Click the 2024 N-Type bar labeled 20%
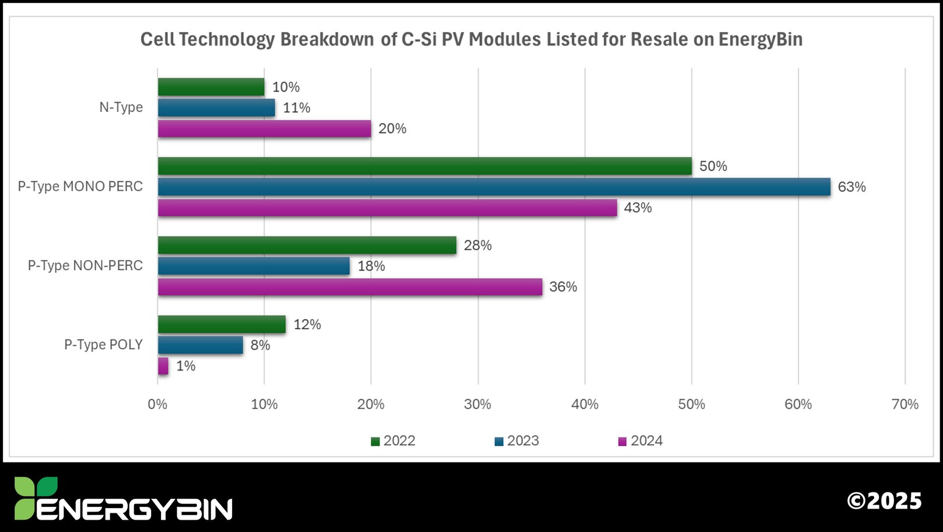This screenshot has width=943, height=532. [264, 129]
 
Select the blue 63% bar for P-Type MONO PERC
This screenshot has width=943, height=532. [493, 187]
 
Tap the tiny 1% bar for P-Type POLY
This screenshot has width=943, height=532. [163, 366]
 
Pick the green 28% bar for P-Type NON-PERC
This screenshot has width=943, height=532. [307, 245]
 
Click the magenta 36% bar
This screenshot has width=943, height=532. [350, 287]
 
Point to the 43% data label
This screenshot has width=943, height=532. [637, 208]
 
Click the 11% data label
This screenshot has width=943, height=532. [296, 108]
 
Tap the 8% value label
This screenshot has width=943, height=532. [260, 345]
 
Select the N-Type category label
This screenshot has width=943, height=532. [121, 107]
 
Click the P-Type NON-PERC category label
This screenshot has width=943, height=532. [85, 265]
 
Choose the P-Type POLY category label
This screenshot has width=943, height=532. [103, 345]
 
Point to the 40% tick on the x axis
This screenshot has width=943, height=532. [584, 404]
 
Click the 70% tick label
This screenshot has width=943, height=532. [905, 404]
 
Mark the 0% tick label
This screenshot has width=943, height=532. [157, 404]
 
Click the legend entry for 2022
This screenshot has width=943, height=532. [394, 441]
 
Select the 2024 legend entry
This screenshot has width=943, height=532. [640, 441]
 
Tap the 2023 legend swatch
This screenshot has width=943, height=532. [499, 442]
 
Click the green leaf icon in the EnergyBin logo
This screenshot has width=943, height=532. [35, 496]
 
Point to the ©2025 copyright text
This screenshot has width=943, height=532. [884, 501]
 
